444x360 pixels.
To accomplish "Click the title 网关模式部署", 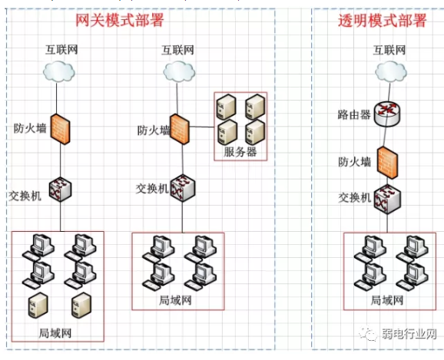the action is pyautogui.click(x=120, y=20).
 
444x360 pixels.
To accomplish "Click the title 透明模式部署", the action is pyautogui.click(x=383, y=21).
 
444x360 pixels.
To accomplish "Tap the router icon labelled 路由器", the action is pyautogui.click(x=387, y=114).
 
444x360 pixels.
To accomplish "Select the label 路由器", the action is pyautogui.click(x=354, y=115).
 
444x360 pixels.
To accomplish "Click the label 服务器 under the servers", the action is pyautogui.click(x=240, y=152).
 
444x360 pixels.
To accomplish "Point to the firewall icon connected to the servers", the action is pyautogui.click(x=180, y=129).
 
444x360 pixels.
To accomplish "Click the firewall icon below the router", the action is pyautogui.click(x=387, y=163).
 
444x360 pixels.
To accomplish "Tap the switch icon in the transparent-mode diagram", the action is pyautogui.click(x=387, y=199).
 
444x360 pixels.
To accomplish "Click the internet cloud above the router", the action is pyautogui.click(x=391, y=72).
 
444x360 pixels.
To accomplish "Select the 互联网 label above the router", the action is pyautogui.click(x=389, y=50).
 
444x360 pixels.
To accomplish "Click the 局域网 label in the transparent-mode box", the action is pyautogui.click(x=387, y=300).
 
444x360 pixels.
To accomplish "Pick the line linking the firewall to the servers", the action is pyautogui.click(x=201, y=127).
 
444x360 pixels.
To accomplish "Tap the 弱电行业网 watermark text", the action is pyautogui.click(x=409, y=334).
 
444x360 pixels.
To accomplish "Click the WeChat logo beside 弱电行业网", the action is pyautogui.click(x=368, y=334).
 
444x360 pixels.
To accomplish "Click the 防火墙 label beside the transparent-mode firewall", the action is pyautogui.click(x=354, y=162).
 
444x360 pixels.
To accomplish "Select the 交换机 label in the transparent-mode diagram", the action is pyautogui.click(x=355, y=197).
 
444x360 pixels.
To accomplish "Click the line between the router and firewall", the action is pyautogui.click(x=385, y=137).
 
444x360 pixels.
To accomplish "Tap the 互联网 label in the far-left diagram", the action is pyautogui.click(x=61, y=50).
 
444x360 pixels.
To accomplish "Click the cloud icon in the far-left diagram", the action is pyautogui.click(x=59, y=71).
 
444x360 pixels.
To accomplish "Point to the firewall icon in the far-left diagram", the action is pyautogui.click(x=61, y=130).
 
